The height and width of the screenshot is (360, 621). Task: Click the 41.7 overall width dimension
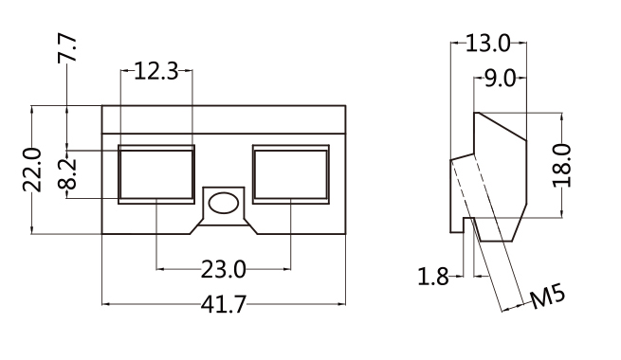pyautogui.click(x=224, y=305)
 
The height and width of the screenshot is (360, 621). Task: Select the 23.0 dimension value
pyautogui.click(x=224, y=269)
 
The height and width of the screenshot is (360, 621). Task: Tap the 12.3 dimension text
pyautogui.click(x=156, y=71)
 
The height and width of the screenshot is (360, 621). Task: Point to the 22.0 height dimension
pyautogui.click(x=32, y=170)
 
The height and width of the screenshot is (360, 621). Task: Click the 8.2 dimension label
pyautogui.click(x=66, y=173)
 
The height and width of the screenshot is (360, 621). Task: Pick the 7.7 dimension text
pyautogui.click(x=66, y=48)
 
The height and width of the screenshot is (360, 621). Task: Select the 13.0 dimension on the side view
pyautogui.click(x=488, y=43)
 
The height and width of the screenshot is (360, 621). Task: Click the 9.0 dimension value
pyautogui.click(x=501, y=79)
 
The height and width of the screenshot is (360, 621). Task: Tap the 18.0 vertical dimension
pyautogui.click(x=562, y=166)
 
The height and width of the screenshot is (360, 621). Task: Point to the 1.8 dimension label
pyautogui.click(x=433, y=276)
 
